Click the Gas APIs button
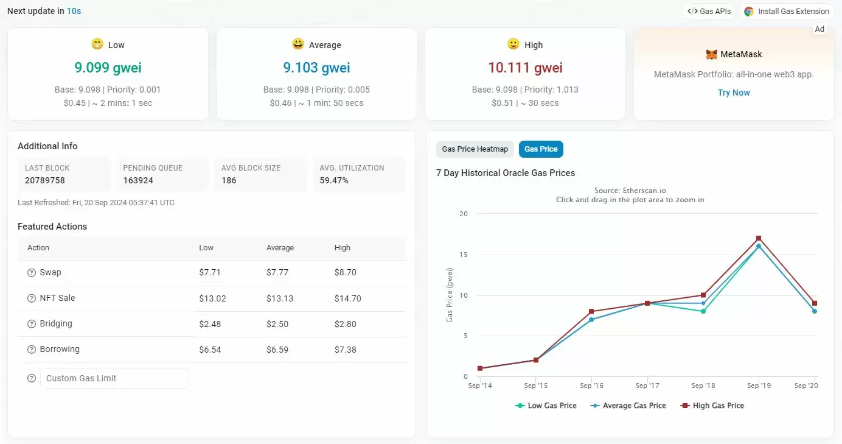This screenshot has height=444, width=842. pos(709,12)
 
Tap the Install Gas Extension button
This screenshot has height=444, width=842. pos(787,12)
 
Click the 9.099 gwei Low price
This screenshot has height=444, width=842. pos(108,68)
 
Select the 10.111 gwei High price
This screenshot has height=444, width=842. pos(525,68)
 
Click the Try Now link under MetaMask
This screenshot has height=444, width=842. pos(734,93)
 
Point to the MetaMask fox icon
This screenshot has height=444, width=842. pos(711,54)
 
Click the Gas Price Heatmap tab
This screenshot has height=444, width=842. pos(475,149)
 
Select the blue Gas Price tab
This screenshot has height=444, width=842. pos(541,149)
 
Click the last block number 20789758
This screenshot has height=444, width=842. pos(45,180)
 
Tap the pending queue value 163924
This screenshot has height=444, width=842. pos(138,180)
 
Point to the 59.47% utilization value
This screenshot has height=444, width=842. pos(334,180)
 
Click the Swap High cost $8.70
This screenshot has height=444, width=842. pos(346,272)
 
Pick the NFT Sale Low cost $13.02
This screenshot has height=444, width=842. pos(212,298)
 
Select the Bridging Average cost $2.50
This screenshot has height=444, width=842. pos(277,323)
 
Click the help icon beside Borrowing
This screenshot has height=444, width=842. pos(32,350)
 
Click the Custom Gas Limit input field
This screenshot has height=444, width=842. pos(114,378)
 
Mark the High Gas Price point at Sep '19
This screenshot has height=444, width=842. pos(759,238)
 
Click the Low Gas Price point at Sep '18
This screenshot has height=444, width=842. pos(703,311)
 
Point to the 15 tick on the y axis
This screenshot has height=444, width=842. pos(464,255)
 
